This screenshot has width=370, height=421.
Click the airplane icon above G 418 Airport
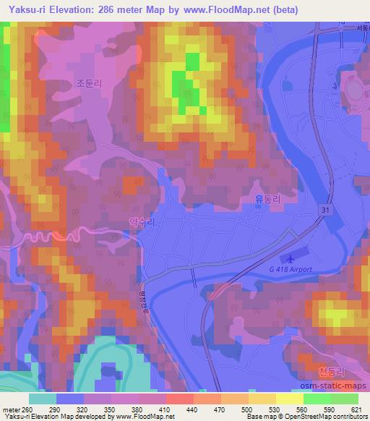[290, 259]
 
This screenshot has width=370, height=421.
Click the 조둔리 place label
[89, 83]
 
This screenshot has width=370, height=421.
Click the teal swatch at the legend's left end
[43, 399]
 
